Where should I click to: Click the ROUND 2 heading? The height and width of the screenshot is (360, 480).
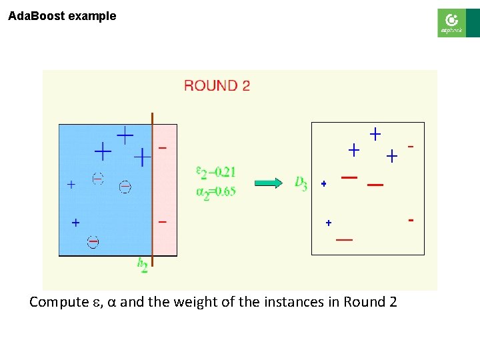tap(217, 85)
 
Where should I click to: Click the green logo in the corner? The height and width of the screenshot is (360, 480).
tap(451, 23)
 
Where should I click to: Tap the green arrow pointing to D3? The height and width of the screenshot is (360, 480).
tap(269, 183)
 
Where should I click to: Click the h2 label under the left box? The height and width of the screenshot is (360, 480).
tap(143, 265)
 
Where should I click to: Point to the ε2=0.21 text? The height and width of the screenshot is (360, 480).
tap(215, 172)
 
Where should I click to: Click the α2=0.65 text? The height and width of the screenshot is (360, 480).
tap(215, 192)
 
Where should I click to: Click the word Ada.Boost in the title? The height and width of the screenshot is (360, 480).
tap(37, 16)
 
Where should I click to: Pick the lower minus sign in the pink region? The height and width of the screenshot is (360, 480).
tap(163, 221)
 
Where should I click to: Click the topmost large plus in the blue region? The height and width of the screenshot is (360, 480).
tap(125, 135)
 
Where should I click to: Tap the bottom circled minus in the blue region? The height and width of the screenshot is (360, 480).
tap(93, 242)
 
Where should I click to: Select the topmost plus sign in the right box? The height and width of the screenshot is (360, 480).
tap(375, 134)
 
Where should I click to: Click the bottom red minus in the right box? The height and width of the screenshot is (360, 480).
tap(345, 239)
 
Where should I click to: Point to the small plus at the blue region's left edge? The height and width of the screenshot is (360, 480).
tap(71, 185)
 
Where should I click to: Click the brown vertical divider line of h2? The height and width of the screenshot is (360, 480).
tap(153, 193)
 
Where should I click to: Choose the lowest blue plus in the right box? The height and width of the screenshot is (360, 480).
tap(328, 223)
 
